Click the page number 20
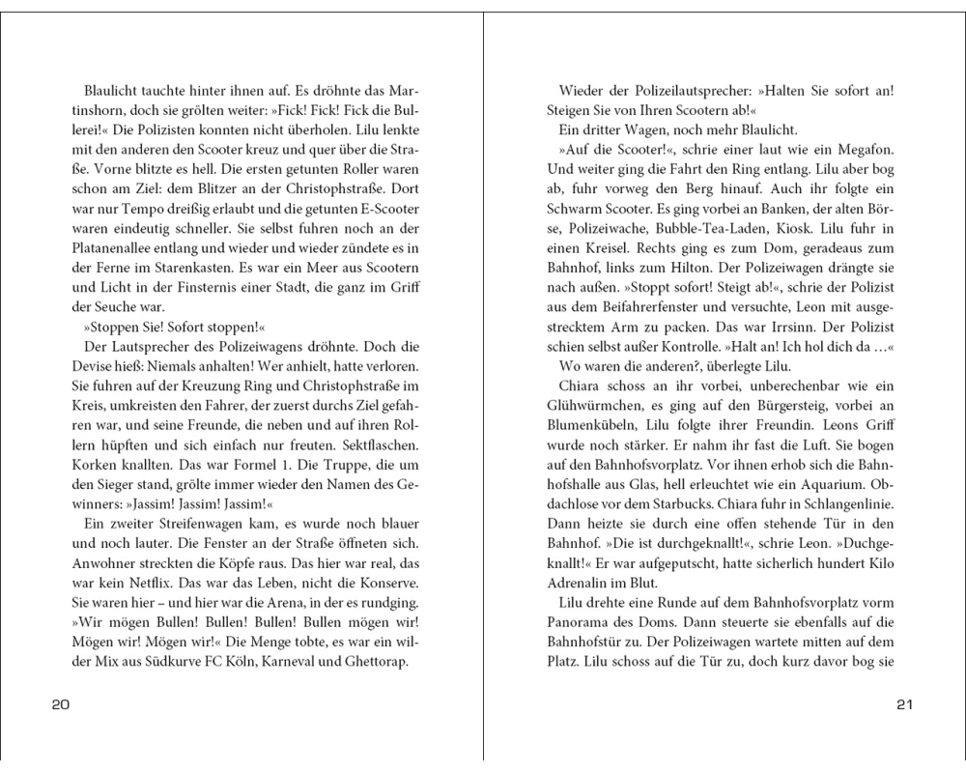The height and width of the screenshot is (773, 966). (x=59, y=705)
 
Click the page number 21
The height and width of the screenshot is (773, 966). (x=904, y=705)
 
